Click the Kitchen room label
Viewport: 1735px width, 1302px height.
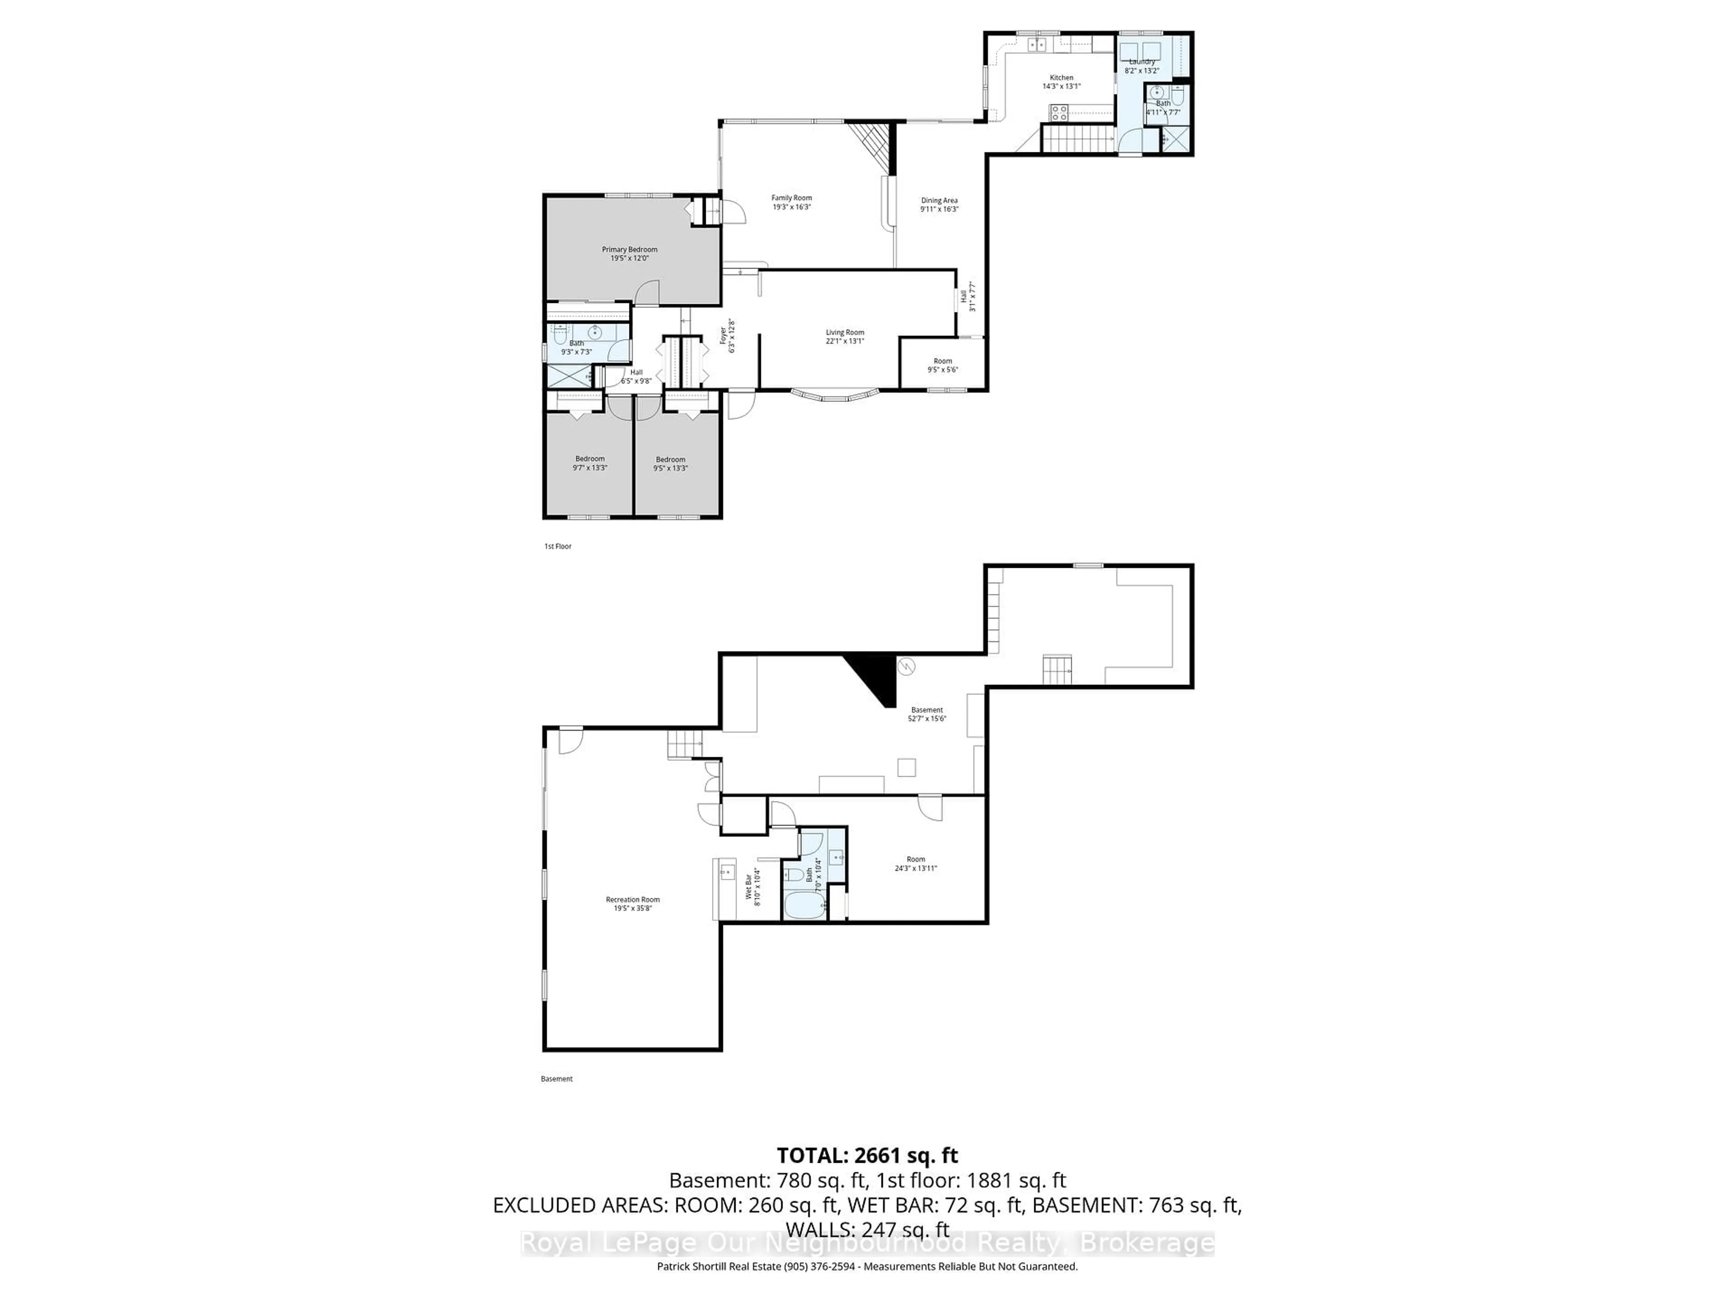pos(1061,78)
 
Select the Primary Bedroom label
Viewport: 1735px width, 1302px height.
pos(630,250)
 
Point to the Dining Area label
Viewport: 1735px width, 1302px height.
pos(939,201)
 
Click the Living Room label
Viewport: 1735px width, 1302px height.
pos(845,333)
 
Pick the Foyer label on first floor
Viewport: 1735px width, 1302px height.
pos(723,336)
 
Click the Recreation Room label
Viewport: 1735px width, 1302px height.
pos(633,900)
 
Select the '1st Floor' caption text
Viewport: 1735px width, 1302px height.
pos(558,546)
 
